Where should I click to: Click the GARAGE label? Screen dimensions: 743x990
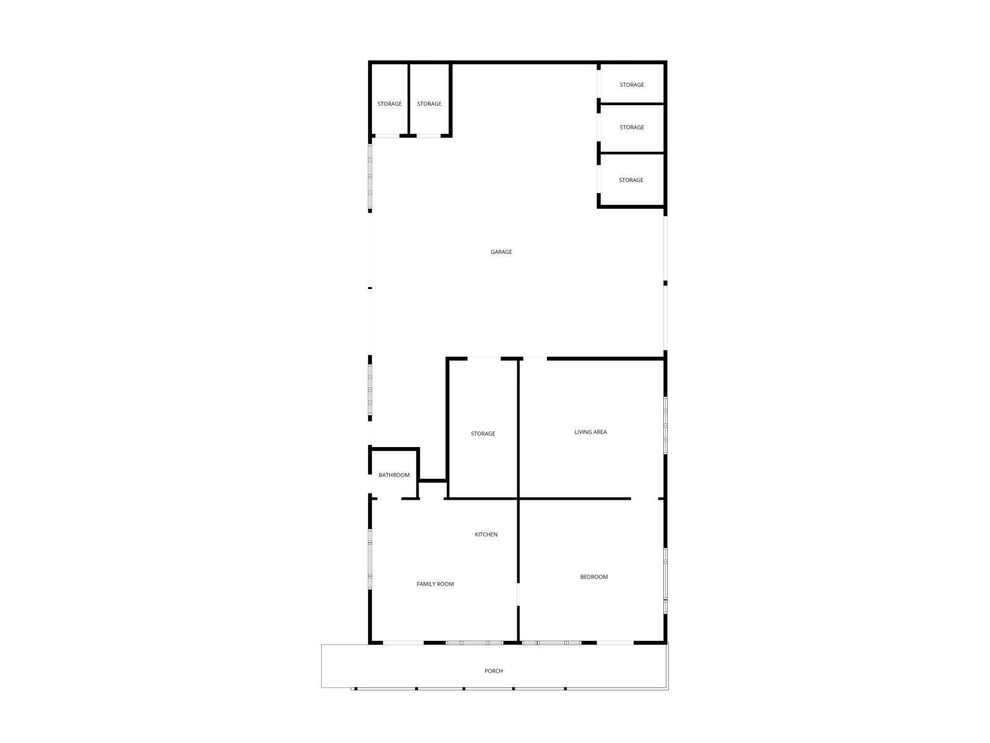point(501,252)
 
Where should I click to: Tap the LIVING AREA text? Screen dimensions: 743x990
point(590,432)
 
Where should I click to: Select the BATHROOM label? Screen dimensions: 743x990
point(394,475)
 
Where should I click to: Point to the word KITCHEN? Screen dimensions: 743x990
point(486,534)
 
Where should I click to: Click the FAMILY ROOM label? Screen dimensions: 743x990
point(435,584)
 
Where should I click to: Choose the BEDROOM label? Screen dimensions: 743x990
point(593,577)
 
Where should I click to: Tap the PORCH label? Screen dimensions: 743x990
point(493,671)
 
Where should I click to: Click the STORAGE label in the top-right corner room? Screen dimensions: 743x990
point(632,85)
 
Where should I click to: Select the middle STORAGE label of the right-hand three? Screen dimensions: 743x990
point(632,128)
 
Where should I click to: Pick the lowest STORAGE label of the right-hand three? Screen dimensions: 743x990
point(631,180)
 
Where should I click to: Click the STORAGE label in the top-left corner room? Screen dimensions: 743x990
point(389,104)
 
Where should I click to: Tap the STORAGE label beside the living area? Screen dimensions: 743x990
point(483,434)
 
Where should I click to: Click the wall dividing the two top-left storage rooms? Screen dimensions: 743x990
point(409,99)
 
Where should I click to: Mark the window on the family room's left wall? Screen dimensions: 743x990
point(370,558)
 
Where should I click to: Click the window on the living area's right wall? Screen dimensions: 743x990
point(665,426)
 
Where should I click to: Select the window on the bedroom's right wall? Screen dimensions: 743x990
point(665,580)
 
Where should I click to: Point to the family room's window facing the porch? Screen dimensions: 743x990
point(475,643)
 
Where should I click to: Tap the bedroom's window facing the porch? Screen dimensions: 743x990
point(551,643)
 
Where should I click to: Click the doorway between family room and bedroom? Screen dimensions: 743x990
point(518,594)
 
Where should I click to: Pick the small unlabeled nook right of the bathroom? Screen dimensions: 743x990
point(433,490)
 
